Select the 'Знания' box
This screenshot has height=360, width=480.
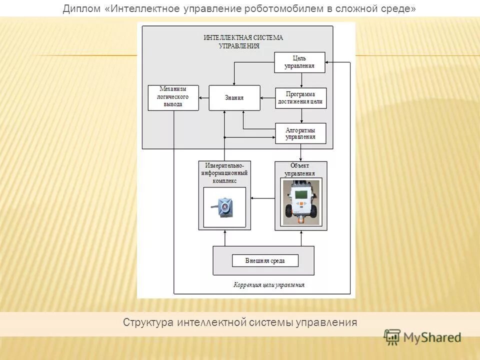point(234,97)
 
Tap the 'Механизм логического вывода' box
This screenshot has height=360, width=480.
point(173,97)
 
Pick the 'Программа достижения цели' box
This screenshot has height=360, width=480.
point(300,98)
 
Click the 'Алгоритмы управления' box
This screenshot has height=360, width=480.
point(300,133)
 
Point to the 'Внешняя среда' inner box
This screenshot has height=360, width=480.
point(264,260)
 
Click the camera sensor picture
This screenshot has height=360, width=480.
point(224,206)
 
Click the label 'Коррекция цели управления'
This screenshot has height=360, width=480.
point(268,285)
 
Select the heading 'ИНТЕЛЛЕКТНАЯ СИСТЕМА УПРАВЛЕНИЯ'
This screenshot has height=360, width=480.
point(243,41)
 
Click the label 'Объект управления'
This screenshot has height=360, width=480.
point(300,169)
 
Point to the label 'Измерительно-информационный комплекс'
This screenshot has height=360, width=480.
point(224,173)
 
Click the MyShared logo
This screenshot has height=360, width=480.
point(422,337)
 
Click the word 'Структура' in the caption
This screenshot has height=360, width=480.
point(147,322)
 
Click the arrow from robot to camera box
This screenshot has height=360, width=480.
point(262,198)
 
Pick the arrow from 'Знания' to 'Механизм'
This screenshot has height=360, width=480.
point(203,98)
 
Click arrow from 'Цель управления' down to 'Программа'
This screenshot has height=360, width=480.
point(301,80)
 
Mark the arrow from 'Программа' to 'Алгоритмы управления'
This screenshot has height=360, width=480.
point(301,115)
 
